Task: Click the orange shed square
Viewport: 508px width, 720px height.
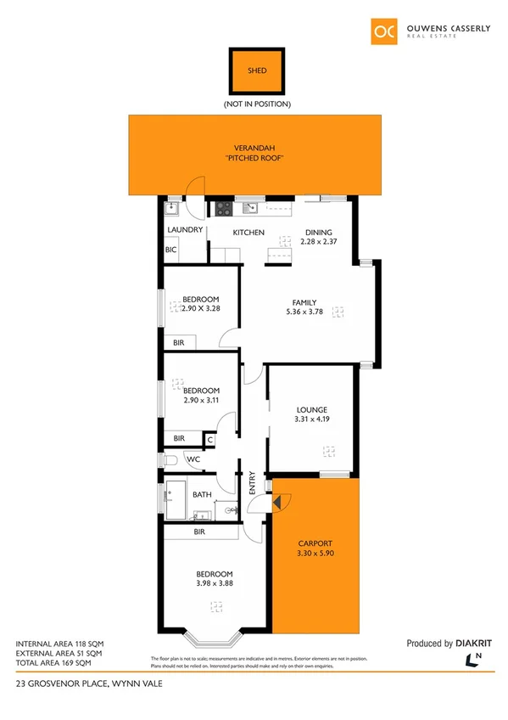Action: click(x=256, y=70)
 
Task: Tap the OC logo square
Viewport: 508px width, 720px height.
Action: click(x=384, y=31)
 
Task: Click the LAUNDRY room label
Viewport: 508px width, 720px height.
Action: click(x=185, y=230)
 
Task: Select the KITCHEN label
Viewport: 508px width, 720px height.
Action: click(x=249, y=233)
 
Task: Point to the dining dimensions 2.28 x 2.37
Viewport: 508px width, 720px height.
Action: click(x=319, y=242)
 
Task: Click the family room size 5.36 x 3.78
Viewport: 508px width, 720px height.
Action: click(x=304, y=312)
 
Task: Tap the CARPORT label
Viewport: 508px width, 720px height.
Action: click(x=315, y=543)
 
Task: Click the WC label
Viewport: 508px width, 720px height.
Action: click(x=193, y=460)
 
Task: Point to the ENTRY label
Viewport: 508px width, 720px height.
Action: click(x=252, y=485)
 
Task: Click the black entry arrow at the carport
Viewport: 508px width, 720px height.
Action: click(x=276, y=503)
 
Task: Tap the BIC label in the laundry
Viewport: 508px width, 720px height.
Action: click(x=171, y=250)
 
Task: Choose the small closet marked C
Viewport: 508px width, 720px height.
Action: click(x=209, y=439)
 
